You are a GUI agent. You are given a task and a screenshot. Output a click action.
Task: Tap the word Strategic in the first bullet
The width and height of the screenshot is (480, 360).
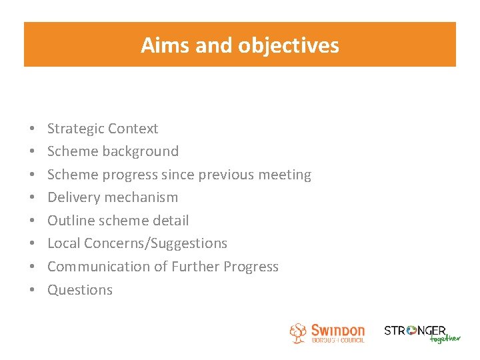[75, 129]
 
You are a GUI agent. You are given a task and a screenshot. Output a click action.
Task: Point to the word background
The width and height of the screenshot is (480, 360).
[141, 151]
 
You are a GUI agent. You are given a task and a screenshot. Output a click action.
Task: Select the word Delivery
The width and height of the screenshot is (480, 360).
[71, 197]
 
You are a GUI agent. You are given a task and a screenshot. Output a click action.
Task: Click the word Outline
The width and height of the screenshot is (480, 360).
[70, 221]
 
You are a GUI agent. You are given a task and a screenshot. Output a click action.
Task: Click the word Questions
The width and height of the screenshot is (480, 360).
[80, 290]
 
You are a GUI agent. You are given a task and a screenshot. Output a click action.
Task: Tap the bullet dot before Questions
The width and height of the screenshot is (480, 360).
[32, 290]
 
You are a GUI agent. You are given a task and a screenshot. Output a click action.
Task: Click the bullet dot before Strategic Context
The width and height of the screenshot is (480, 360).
[32, 129]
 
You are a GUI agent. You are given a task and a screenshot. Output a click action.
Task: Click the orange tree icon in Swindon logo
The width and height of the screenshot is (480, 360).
[298, 333]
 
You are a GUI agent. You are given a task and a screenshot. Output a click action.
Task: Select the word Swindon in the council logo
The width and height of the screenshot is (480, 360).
[338, 330]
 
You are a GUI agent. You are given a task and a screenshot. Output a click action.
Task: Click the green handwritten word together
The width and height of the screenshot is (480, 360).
[445, 339]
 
